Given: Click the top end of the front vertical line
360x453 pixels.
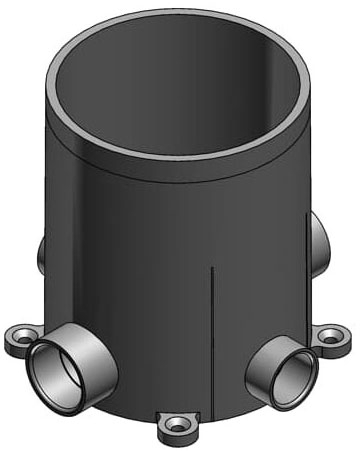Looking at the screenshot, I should [214, 269].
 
